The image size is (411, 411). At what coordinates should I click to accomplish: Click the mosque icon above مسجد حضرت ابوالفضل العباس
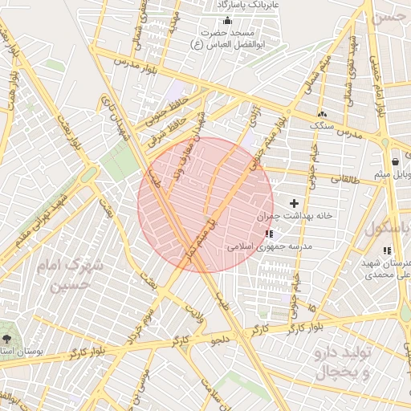coord(228,21)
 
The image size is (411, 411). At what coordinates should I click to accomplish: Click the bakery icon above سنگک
coord(322,114)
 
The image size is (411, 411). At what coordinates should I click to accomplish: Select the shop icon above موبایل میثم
coord(396,161)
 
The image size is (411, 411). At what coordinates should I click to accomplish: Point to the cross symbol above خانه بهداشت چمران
coord(294,204)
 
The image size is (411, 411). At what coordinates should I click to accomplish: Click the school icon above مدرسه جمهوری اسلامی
coord(267,234)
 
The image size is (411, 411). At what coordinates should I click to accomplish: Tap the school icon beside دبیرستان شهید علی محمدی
coord(388,250)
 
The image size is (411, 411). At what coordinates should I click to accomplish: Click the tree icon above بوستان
coord(9,338)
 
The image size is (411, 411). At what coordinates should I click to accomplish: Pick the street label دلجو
coord(221,340)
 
